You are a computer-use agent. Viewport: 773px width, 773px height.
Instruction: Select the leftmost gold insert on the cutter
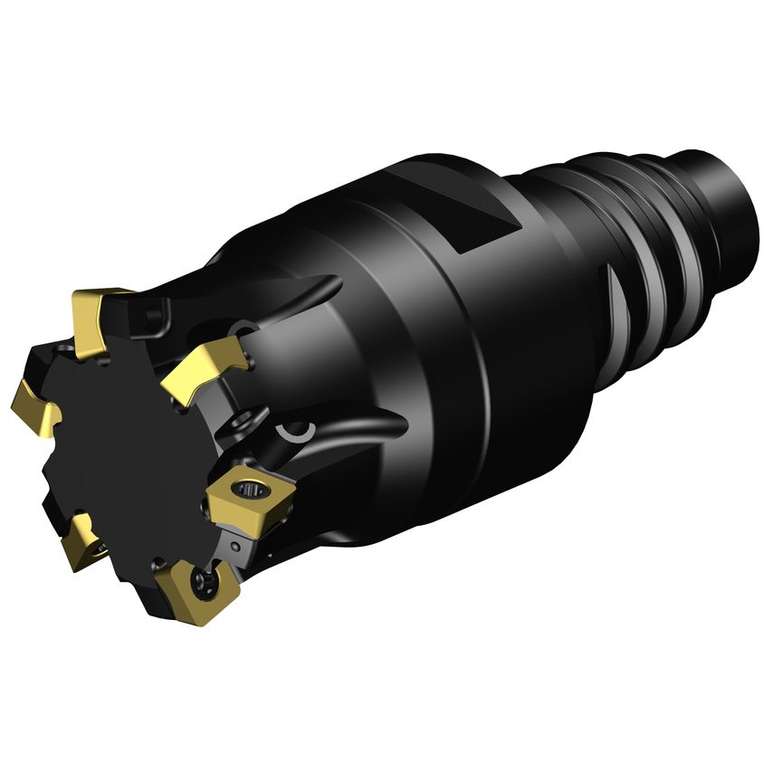coord(34,403)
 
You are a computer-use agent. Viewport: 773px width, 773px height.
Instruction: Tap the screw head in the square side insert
coord(249,491)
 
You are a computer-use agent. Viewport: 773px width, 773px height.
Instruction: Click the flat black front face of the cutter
coord(127,444)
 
